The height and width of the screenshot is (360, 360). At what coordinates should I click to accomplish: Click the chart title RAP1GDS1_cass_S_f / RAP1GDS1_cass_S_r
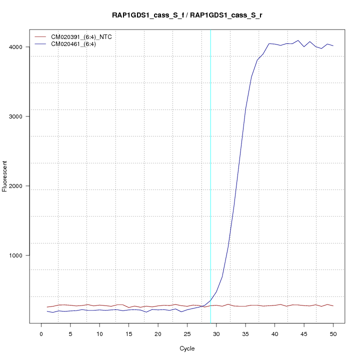tap(187, 15)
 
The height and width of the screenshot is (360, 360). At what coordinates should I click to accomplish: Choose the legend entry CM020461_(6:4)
tap(77, 44)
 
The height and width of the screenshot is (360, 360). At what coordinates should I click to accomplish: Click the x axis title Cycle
tap(187, 348)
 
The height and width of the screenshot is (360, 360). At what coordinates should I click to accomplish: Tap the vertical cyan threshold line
tap(210, 175)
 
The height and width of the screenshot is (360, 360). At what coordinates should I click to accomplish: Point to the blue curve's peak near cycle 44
tap(298, 40)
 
